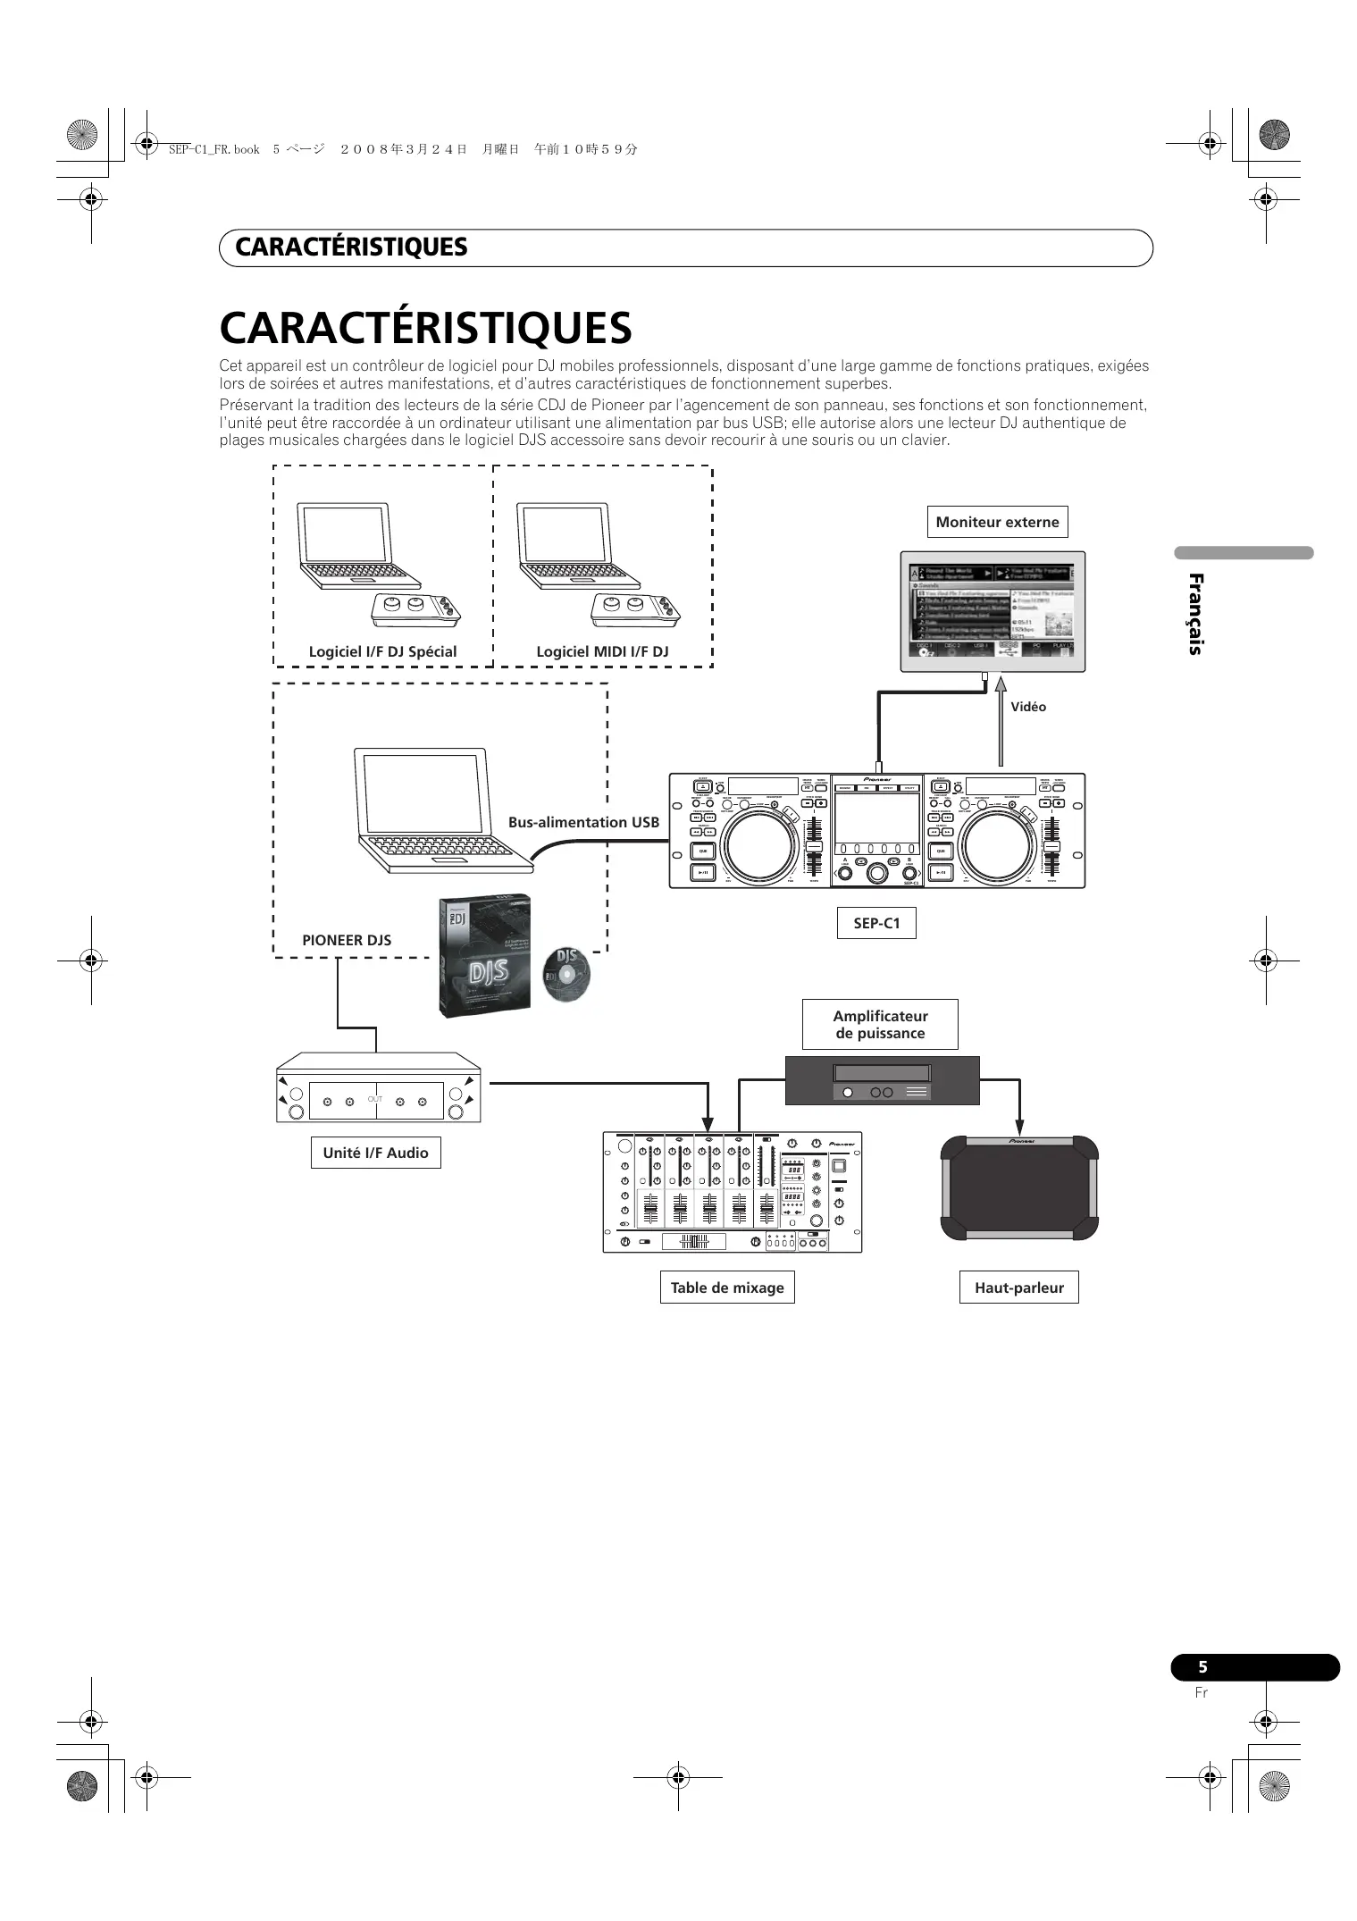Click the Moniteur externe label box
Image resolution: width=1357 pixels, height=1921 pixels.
(x=997, y=523)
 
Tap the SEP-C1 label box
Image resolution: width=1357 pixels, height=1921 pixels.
(x=876, y=923)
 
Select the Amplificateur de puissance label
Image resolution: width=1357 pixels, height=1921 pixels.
(x=880, y=1024)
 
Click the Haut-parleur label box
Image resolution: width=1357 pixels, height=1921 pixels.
(x=1018, y=1288)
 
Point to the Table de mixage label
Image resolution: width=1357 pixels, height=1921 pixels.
(x=727, y=1288)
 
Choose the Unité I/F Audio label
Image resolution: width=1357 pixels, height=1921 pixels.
(x=375, y=1153)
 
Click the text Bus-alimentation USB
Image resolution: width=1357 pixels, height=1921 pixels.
(x=583, y=822)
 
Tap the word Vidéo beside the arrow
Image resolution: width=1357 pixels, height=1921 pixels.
(x=1028, y=707)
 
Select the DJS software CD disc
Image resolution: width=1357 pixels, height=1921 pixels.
(x=566, y=974)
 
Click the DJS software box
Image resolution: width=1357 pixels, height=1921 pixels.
(x=484, y=956)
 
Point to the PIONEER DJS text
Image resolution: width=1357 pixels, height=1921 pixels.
(x=347, y=940)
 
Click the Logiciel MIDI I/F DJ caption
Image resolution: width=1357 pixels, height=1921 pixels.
(x=602, y=651)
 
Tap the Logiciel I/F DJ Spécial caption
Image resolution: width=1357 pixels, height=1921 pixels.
(x=382, y=651)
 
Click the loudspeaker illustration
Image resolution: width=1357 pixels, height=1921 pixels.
(x=1018, y=1188)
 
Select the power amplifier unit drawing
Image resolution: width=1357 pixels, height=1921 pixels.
(x=882, y=1081)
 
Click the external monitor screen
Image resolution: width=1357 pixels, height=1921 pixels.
(x=992, y=612)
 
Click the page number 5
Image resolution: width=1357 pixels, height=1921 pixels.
(x=1202, y=1667)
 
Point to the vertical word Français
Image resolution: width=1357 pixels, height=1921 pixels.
(x=1195, y=614)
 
